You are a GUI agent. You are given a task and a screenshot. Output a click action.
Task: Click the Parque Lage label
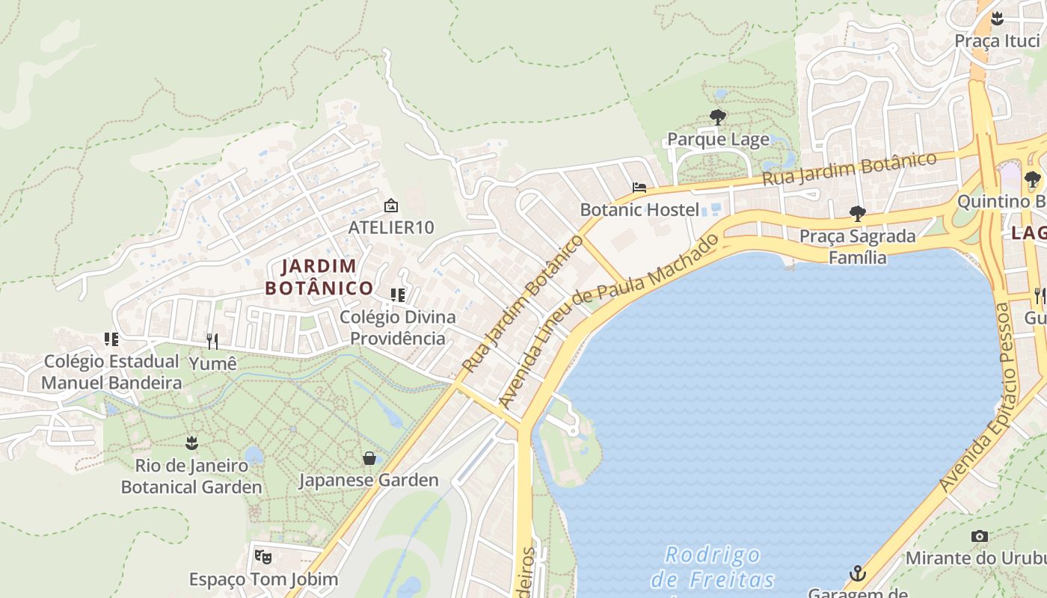[718, 140]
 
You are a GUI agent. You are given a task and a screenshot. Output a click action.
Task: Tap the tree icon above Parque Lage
[718, 117]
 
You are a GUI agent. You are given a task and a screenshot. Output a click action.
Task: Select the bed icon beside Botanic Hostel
[639, 188]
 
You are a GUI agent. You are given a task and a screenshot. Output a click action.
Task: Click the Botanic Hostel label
[639, 209]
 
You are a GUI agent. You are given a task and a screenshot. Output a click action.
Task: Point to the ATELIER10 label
[391, 227]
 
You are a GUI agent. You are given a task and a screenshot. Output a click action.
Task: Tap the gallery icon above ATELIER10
[390, 206]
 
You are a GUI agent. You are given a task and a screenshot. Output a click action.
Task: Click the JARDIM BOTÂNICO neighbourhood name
[319, 277]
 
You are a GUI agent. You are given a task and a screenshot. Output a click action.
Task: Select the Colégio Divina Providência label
[397, 327]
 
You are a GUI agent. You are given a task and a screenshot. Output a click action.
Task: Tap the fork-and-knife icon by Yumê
[212, 342]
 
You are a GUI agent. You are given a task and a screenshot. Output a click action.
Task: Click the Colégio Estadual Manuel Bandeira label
[111, 372]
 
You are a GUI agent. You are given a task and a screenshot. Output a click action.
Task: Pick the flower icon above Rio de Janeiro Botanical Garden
[192, 443]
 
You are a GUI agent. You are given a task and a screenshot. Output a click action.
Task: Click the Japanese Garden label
[369, 480]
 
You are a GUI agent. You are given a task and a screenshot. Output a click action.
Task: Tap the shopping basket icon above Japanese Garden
[369, 457]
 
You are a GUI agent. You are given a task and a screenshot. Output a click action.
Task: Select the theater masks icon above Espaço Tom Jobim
[262, 556]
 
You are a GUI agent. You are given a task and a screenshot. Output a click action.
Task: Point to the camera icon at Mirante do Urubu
[979, 536]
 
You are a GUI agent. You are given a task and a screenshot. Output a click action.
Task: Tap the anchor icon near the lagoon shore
[857, 573]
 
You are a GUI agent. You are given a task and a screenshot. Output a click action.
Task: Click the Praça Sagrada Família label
[857, 247]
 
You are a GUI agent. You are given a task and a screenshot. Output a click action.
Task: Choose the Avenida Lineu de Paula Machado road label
[609, 321]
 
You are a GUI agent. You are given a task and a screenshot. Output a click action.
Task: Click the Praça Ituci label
[997, 40]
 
